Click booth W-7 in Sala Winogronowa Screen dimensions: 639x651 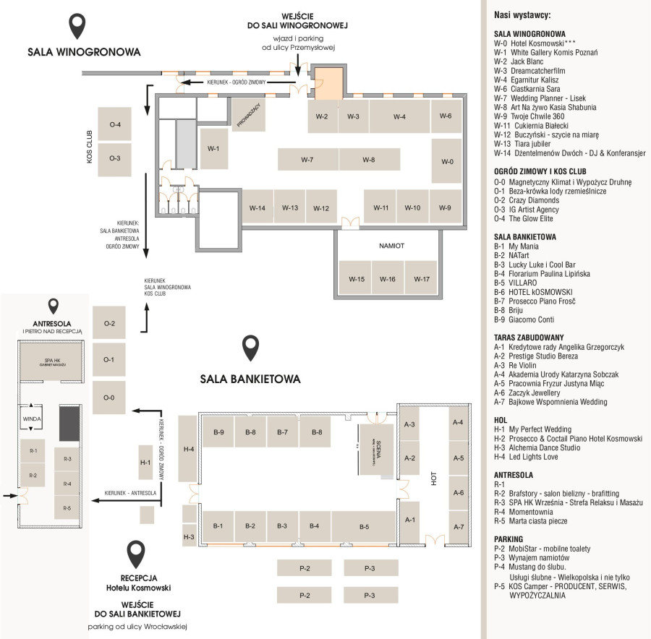click(307, 159)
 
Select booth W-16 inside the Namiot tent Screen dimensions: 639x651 click(388, 278)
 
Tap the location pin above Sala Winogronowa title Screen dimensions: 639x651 click(78, 27)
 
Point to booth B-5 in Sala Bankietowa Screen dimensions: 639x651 click(364, 526)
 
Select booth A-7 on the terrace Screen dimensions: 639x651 click(458, 526)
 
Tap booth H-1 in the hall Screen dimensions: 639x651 click(145, 462)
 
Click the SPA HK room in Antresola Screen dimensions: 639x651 click(50, 362)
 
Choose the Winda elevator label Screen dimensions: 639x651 click(32, 419)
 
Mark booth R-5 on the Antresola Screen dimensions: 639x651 click(67, 507)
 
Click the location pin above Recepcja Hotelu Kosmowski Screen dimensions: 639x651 click(137, 554)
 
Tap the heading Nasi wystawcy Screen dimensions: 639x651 click(522, 14)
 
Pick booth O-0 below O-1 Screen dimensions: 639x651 click(109, 397)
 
